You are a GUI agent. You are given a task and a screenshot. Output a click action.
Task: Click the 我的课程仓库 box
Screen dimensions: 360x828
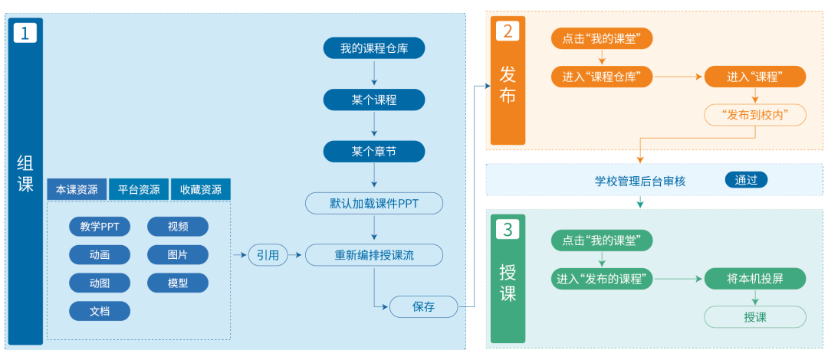(x=373, y=49)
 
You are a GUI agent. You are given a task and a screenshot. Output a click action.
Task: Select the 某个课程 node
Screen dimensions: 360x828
(x=373, y=100)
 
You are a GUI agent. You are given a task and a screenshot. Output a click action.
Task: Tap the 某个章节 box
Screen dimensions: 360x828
(x=373, y=152)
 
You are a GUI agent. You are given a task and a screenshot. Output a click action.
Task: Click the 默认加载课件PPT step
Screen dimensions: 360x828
(x=373, y=204)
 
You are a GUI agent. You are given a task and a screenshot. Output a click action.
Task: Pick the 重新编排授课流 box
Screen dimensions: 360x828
(x=373, y=255)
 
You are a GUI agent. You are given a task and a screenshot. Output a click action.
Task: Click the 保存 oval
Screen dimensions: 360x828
(x=423, y=306)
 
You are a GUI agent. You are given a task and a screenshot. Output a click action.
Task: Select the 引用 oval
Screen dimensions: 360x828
(x=268, y=255)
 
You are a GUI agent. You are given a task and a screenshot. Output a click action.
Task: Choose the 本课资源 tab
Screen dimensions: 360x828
(x=77, y=189)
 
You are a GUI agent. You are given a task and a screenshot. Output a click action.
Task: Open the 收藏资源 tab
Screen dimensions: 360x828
(x=200, y=189)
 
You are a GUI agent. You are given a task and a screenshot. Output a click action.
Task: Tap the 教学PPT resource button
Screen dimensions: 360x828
(x=100, y=227)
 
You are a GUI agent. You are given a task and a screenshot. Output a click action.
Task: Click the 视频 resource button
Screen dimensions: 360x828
(x=177, y=227)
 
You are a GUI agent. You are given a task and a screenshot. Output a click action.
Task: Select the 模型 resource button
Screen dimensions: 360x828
(x=177, y=283)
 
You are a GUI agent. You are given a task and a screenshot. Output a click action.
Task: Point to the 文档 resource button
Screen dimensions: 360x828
(x=100, y=311)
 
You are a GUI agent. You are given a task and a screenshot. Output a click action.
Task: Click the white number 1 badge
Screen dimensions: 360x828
(x=25, y=33)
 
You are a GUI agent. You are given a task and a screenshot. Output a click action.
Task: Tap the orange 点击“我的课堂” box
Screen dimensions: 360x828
(x=602, y=38)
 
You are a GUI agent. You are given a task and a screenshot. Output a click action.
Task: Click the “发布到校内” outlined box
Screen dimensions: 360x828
(x=755, y=115)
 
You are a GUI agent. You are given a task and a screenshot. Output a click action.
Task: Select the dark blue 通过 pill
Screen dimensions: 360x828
(x=746, y=181)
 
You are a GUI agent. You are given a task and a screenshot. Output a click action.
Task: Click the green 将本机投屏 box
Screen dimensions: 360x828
(x=755, y=279)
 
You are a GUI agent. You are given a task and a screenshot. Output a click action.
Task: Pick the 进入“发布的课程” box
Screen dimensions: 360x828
(x=602, y=279)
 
